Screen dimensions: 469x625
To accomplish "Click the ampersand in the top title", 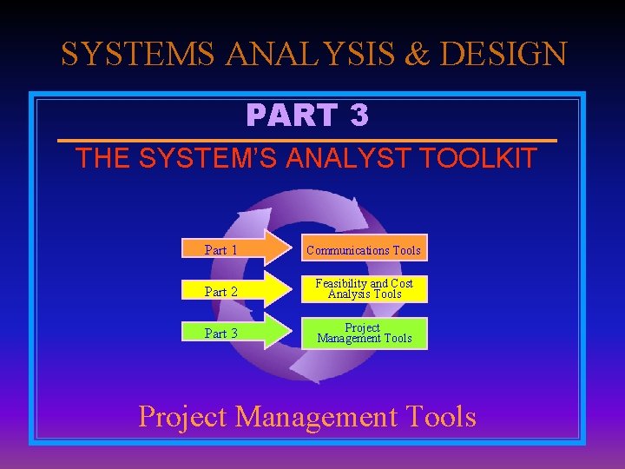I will click(417, 54).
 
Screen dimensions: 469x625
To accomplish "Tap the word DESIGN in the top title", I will click(503, 54).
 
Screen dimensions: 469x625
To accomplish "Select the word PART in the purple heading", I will click(291, 115).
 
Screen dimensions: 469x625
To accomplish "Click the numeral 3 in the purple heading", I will click(359, 115).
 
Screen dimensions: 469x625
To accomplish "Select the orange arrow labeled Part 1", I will click(234, 249).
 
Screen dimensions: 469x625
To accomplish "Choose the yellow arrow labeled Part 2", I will click(234, 291).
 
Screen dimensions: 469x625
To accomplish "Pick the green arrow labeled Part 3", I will click(234, 333).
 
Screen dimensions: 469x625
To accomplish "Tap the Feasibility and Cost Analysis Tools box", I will click(365, 289).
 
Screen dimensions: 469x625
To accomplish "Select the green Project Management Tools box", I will click(365, 333).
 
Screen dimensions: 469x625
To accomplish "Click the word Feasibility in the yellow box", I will click(340, 283).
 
